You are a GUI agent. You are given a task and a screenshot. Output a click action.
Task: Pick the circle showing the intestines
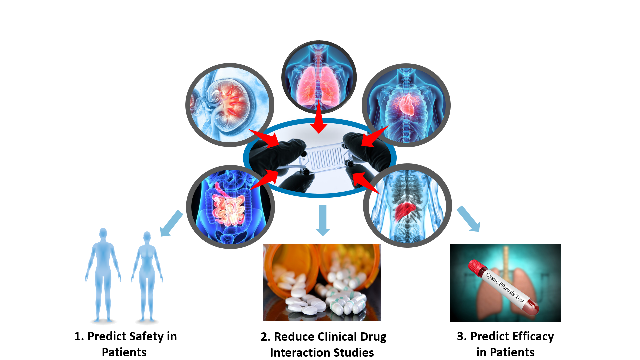[230, 207]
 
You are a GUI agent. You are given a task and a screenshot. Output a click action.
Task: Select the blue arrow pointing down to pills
[322, 220]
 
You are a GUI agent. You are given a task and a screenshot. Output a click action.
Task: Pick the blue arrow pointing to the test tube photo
[469, 219]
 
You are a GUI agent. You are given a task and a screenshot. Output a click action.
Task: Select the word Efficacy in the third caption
[533, 337]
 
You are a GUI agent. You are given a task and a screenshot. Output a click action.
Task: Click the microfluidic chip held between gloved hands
[325, 157]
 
